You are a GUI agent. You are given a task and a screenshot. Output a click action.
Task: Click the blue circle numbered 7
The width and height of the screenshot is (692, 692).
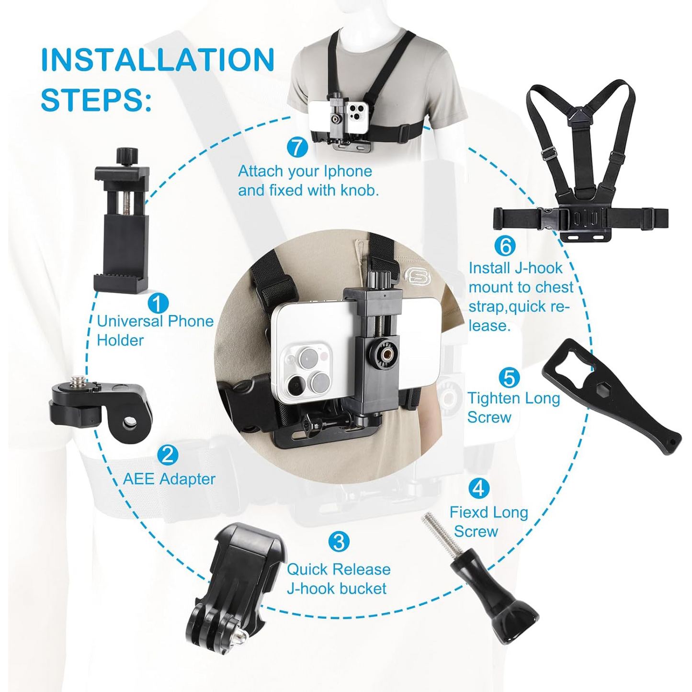pos(297,147)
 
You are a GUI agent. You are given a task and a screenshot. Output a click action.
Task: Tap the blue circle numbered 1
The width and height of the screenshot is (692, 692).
pos(158,303)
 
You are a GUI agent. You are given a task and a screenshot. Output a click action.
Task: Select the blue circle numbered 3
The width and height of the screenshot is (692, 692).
pos(339,542)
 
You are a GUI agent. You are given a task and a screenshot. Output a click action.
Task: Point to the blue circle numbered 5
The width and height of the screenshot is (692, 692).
pos(509,377)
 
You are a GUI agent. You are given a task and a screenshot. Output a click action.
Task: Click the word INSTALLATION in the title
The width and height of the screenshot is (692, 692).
pos(158,60)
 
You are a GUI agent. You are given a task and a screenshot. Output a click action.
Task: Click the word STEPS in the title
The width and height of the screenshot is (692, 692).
pos(96,100)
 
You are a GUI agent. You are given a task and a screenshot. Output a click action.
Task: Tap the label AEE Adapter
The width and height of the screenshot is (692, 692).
pos(169,478)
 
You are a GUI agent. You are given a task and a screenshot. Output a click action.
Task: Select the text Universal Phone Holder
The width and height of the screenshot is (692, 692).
pos(155,330)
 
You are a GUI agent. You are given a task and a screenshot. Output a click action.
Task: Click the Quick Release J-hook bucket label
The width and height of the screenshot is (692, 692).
pos(338,579)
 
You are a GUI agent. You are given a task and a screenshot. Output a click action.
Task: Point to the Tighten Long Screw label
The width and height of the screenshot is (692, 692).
pos(513,407)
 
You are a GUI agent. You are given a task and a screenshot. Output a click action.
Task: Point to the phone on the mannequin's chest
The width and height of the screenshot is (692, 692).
pos(338,117)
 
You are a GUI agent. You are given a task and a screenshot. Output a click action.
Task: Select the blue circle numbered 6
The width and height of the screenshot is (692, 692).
pos(504,246)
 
